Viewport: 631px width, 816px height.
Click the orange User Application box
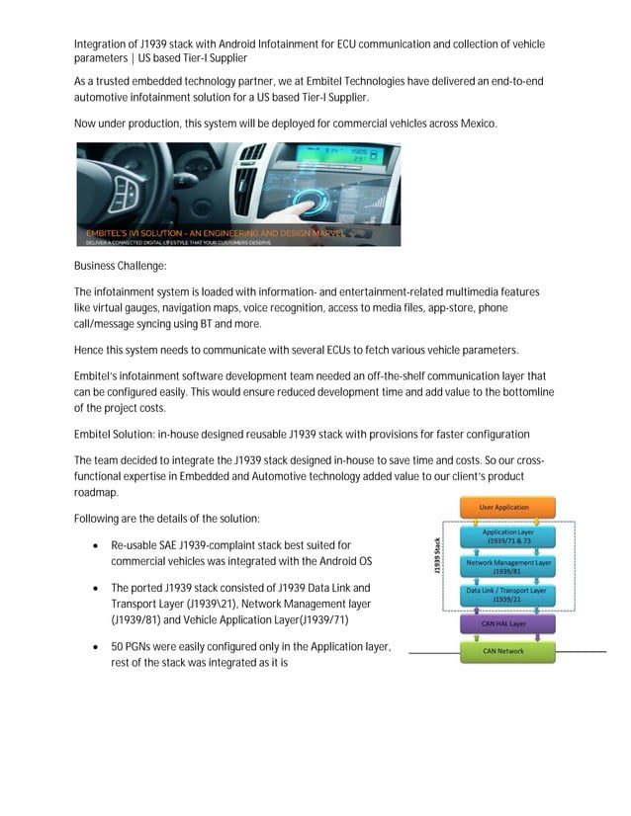click(x=504, y=508)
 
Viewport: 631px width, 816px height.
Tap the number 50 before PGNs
click(x=119, y=646)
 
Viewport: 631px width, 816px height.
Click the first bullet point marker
click(x=94, y=545)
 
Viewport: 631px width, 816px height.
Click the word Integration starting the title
click(x=103, y=44)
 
